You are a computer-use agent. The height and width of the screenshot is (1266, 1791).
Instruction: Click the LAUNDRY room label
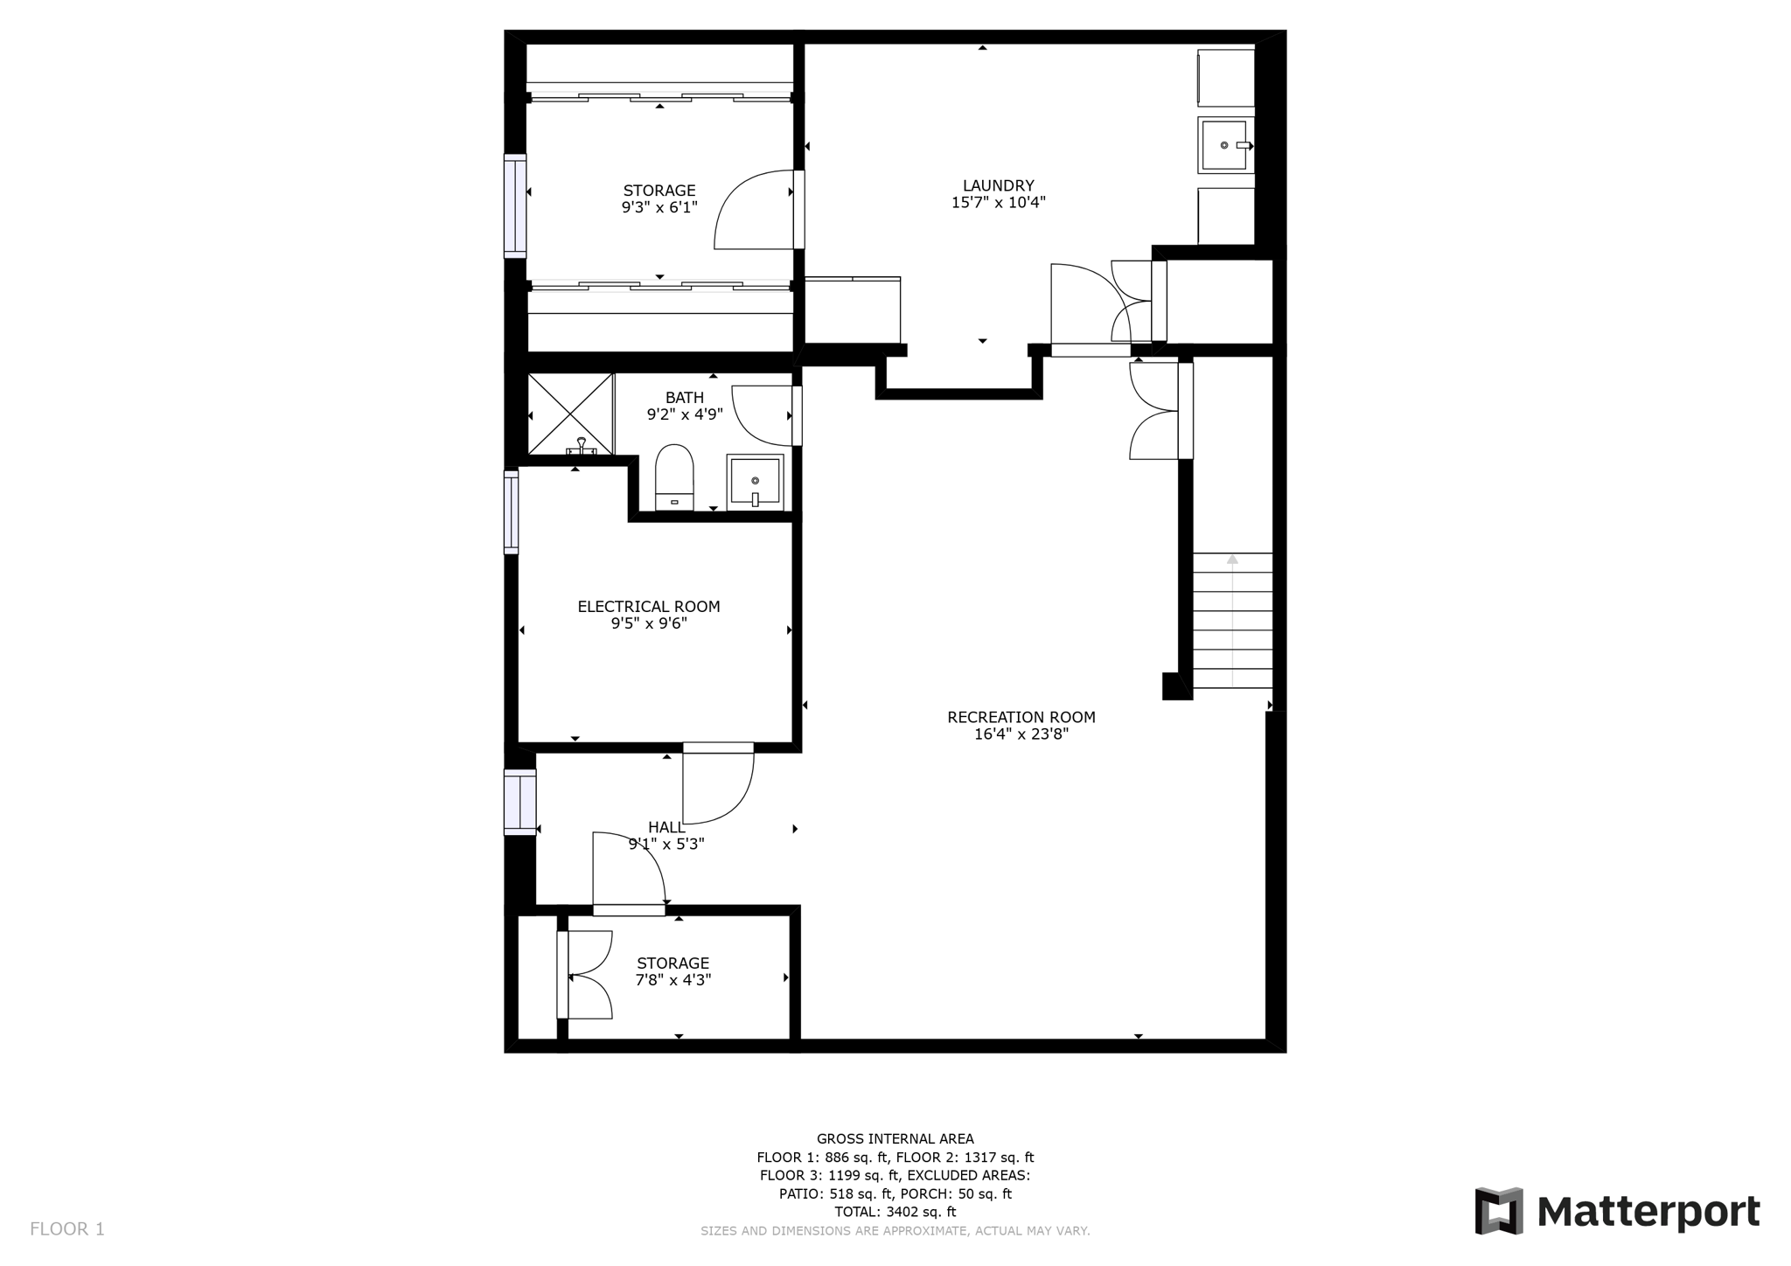(x=998, y=185)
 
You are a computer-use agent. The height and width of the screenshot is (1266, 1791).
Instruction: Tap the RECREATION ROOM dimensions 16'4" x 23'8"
(x=1021, y=734)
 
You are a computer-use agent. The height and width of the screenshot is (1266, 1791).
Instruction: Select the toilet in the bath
(x=674, y=476)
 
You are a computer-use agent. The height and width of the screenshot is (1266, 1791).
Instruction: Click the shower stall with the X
(x=570, y=413)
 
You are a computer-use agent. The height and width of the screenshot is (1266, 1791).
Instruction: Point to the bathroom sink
(x=755, y=482)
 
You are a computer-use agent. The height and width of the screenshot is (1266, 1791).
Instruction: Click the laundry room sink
(x=1224, y=145)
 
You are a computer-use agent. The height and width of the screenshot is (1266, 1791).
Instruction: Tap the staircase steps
(x=1232, y=621)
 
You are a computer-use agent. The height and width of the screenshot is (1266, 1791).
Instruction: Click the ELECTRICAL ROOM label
(x=648, y=606)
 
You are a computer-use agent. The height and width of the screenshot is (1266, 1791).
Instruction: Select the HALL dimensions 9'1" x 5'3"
(x=666, y=845)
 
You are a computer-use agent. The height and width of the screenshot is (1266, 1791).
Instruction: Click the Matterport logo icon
(x=1499, y=1211)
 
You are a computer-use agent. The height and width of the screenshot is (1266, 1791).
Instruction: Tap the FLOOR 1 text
(x=67, y=1229)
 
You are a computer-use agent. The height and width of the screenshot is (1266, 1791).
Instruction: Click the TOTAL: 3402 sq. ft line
(x=895, y=1212)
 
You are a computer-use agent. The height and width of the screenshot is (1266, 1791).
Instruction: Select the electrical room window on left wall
(x=511, y=512)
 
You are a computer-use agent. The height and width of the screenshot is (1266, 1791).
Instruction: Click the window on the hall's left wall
(x=519, y=802)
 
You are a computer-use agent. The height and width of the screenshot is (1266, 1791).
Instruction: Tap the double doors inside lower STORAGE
(x=586, y=975)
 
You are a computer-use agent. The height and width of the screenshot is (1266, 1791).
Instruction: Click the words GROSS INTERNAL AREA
(x=895, y=1138)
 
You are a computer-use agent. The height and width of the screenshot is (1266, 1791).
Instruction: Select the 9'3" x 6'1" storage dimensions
(x=659, y=207)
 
